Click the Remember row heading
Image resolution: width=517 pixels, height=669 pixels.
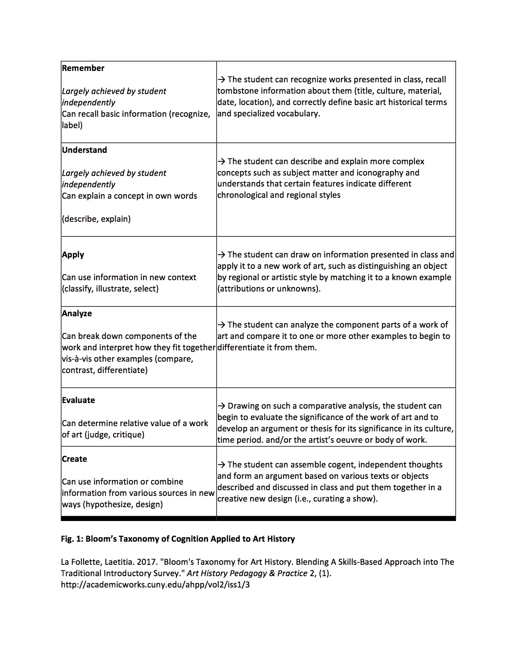coord(83,68)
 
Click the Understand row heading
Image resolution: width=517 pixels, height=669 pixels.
coord(84,150)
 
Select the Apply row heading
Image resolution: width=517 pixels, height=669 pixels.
coord(73,255)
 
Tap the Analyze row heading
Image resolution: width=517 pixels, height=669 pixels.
coord(77,313)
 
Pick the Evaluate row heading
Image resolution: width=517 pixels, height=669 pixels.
coord(78,400)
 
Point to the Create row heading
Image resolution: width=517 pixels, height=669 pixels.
coord(74,459)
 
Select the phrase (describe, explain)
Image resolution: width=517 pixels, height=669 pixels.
coord(96,219)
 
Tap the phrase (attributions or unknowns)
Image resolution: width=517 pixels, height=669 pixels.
coord(269,289)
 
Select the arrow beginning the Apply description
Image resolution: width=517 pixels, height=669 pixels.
coord(221,255)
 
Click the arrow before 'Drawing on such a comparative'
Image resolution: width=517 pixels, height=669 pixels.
coord(221,406)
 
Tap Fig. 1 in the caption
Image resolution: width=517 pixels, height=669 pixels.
coord(71,539)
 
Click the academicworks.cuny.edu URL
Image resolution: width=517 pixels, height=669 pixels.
coord(155,585)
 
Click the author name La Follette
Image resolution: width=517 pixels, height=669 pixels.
coord(81,562)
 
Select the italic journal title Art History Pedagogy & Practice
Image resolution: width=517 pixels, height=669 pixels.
coord(247,573)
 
